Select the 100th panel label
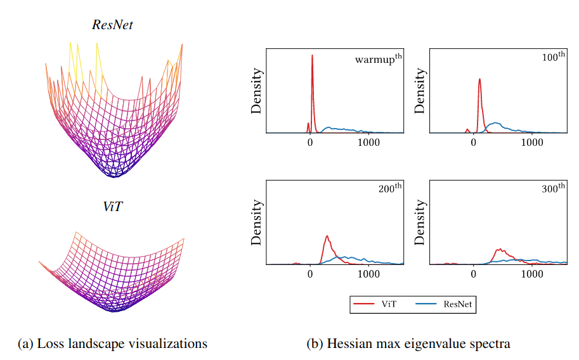[x=553, y=57]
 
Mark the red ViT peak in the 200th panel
[x=327, y=238]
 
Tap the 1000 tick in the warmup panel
[x=368, y=142]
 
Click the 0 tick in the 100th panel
[x=474, y=142]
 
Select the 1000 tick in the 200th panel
[x=368, y=274]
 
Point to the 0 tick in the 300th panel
[x=474, y=274]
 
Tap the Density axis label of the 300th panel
[x=420, y=222]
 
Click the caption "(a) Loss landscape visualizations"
[x=112, y=344]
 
